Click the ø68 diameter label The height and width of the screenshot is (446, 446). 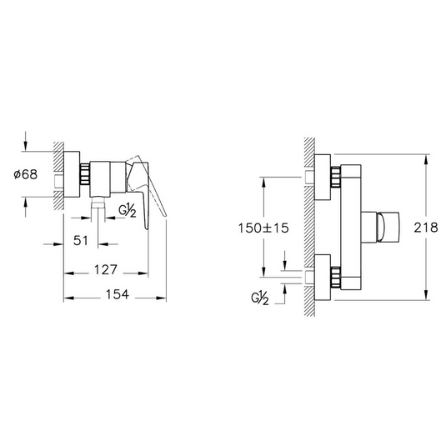(x=26, y=174)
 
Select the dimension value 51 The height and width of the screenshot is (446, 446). (x=81, y=241)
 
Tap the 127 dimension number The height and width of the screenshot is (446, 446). (x=106, y=269)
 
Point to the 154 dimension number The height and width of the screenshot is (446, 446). (x=118, y=294)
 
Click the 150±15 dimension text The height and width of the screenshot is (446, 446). (x=263, y=228)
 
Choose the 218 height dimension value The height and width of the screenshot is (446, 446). (x=426, y=228)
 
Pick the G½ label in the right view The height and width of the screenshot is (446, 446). (x=260, y=298)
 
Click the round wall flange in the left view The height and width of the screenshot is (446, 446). (x=72, y=174)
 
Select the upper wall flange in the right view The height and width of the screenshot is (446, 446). (x=323, y=177)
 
